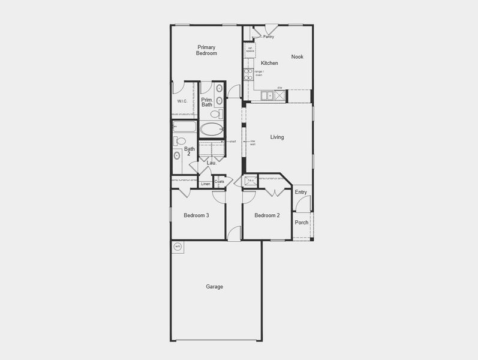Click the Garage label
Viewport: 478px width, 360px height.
point(215,287)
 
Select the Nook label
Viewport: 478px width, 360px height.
point(297,57)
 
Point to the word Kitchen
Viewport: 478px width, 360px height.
point(269,63)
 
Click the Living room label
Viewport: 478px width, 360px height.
point(276,137)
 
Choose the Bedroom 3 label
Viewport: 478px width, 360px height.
point(196,215)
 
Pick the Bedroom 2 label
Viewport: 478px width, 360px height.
point(267,215)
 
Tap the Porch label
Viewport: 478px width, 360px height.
point(302,223)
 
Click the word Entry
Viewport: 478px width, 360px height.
point(301,193)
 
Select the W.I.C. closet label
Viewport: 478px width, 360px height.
point(183,101)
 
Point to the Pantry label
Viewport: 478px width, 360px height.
point(268,37)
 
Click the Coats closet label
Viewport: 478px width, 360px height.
point(220,181)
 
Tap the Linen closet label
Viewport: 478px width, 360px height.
point(206,184)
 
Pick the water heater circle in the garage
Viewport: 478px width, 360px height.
point(178,247)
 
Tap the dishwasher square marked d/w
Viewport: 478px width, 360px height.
point(279,95)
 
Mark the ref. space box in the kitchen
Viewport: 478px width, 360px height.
point(249,50)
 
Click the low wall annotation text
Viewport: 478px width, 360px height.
point(253,143)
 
